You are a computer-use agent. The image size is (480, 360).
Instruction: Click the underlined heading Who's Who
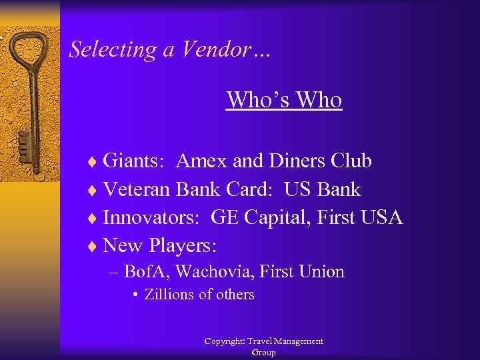pyautogui.click(x=284, y=100)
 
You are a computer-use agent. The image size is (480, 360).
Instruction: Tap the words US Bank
pyautogui.click(x=322, y=190)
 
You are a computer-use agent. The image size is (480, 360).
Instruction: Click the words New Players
pyautogui.click(x=160, y=246)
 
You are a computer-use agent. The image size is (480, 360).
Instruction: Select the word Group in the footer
pyautogui.click(x=263, y=353)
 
